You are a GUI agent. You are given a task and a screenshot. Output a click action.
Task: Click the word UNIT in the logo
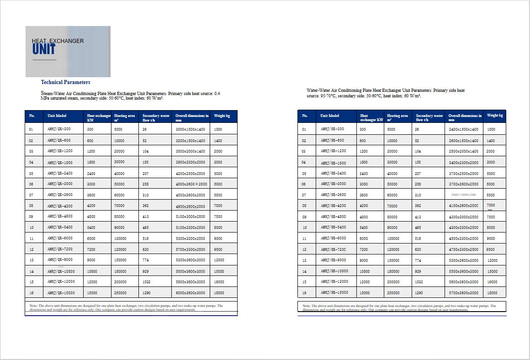pos(44,49)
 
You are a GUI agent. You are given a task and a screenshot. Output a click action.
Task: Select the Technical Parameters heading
pos(65,82)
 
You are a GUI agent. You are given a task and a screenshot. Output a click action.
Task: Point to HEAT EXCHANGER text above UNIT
pos(58,41)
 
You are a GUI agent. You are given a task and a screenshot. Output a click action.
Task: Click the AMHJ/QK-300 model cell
pos(59,129)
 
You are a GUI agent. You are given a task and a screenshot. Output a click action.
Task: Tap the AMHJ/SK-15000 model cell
pos(334,293)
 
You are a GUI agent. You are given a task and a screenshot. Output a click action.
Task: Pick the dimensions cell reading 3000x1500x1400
pos(190,130)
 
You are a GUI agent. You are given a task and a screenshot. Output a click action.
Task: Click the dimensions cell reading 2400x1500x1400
pos(463,130)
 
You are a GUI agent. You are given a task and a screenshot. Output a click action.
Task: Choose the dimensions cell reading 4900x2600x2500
pos(190,206)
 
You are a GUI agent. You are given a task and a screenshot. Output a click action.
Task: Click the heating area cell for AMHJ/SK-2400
pos(392,174)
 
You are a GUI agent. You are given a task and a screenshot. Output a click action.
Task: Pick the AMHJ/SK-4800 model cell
pos(333,217)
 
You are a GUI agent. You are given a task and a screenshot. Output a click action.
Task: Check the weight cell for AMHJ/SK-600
pos(491,141)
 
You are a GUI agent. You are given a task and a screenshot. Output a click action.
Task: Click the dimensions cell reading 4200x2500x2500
pos(190,174)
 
